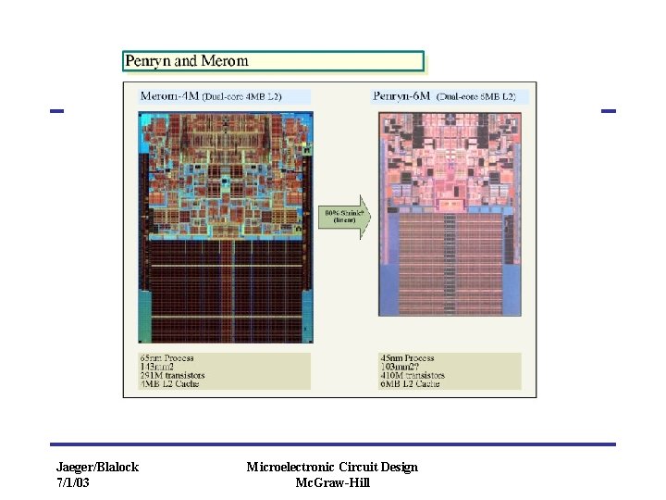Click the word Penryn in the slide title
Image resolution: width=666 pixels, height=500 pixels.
[149, 61]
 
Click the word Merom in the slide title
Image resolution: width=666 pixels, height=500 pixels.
[225, 61]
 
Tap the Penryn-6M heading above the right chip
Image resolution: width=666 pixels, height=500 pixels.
[401, 95]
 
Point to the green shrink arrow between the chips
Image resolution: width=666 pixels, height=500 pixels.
[343, 218]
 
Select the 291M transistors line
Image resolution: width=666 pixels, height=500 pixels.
[172, 376]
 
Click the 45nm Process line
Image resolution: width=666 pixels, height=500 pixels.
[408, 358]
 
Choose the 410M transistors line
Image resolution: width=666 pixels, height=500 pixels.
[413, 376]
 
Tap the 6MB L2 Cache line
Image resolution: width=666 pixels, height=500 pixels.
[410, 384]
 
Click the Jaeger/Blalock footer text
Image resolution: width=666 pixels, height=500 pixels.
[97, 467]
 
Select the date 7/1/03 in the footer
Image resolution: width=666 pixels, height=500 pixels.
[73, 482]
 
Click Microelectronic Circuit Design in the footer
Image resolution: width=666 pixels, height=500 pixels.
[332, 467]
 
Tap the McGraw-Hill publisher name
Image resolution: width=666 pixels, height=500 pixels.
[332, 482]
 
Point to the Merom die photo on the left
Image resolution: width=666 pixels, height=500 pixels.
[226, 228]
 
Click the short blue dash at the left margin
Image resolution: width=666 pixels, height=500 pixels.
[56, 111]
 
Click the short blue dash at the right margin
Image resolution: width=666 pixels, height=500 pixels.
[608, 111]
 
